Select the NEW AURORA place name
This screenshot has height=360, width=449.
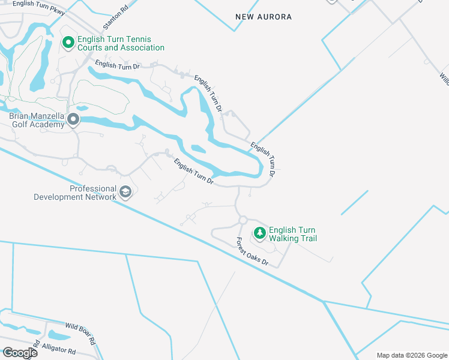click(264, 17)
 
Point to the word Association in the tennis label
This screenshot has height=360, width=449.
click(142, 48)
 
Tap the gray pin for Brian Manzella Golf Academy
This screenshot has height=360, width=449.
click(73, 120)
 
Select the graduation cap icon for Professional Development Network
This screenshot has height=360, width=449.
click(125, 192)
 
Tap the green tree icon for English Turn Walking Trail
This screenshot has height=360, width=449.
click(260, 232)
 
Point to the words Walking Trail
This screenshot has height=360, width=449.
click(292, 239)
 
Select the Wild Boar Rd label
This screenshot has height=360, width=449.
click(80, 332)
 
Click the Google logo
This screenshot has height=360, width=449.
click(20, 353)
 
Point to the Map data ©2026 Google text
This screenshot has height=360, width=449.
click(411, 355)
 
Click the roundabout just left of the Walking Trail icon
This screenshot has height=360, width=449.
click(243, 221)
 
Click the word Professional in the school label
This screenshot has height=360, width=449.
click(92, 188)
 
